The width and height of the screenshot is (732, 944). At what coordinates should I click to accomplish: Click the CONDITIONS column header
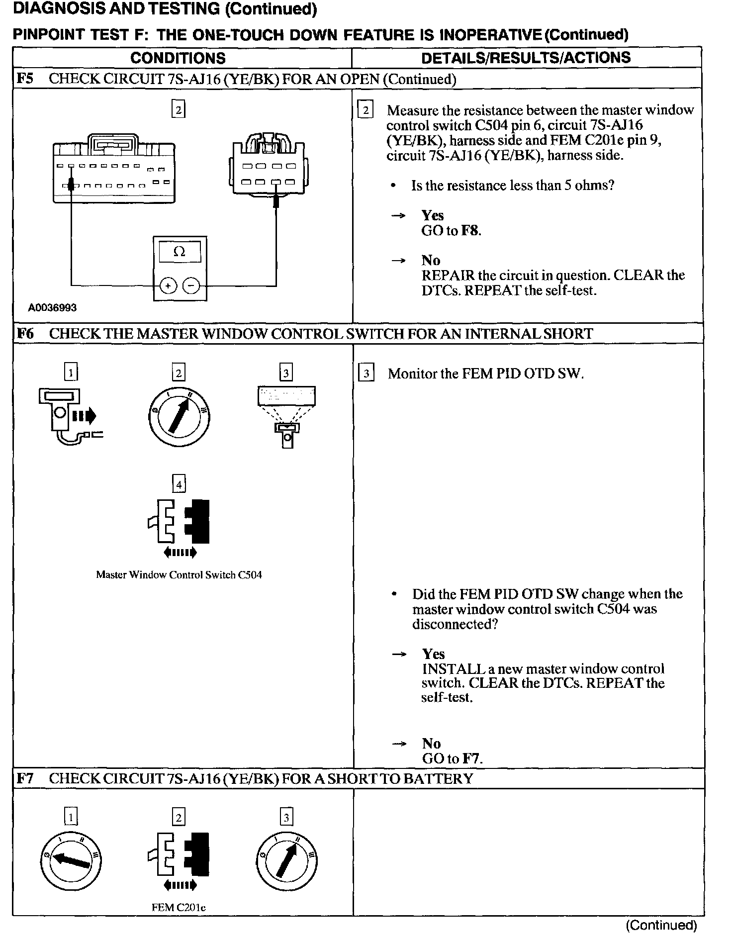click(x=178, y=58)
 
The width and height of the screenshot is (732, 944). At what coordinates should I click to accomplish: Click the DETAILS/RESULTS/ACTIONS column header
click(x=526, y=58)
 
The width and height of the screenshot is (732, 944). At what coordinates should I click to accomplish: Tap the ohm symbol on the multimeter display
click(x=180, y=252)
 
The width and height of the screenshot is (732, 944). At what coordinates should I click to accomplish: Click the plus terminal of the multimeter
click(x=168, y=285)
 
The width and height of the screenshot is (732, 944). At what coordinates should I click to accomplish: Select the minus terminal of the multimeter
click(x=191, y=285)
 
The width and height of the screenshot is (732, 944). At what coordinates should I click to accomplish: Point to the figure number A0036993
click(x=52, y=308)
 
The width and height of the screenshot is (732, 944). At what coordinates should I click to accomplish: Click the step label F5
click(x=25, y=79)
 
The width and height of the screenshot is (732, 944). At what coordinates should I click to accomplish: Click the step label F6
click(x=25, y=333)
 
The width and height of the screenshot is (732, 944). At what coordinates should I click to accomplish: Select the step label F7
click(x=25, y=778)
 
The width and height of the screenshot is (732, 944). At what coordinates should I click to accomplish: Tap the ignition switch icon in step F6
click(x=179, y=417)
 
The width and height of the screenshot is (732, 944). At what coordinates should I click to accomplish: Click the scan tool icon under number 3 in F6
click(x=286, y=416)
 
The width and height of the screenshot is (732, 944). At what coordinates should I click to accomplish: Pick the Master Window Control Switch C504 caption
click(x=179, y=575)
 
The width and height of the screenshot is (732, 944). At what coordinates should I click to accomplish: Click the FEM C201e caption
click(x=179, y=907)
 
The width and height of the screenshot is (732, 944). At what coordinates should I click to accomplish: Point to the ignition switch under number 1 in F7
click(x=71, y=861)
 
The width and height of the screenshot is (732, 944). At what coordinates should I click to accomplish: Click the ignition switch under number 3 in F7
click(x=286, y=861)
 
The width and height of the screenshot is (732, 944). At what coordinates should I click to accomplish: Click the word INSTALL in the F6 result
click(x=453, y=669)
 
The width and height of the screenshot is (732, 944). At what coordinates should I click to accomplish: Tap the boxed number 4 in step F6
click(x=179, y=483)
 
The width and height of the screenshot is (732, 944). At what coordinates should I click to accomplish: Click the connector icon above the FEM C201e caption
click(x=179, y=861)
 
